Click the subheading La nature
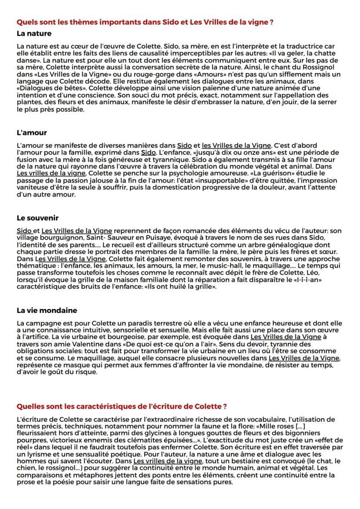(x=34, y=33)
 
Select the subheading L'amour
(x=31, y=132)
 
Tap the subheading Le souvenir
(x=37, y=218)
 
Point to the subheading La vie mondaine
(x=47, y=310)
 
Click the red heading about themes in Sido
(x=144, y=22)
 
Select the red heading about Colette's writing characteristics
(x=122, y=406)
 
